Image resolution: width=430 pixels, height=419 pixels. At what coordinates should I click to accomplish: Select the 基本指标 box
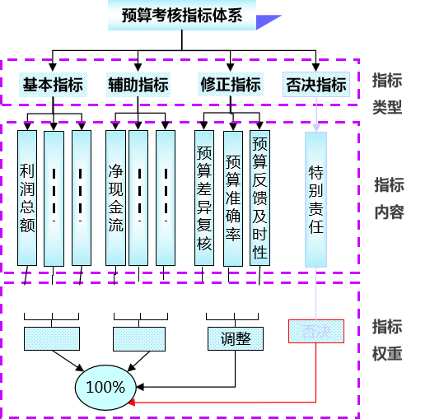53,85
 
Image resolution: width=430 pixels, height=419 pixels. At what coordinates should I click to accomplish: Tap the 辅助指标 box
138,85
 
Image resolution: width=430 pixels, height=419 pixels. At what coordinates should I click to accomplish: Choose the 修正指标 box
231,85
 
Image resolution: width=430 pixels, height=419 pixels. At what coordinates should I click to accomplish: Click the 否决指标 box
315,85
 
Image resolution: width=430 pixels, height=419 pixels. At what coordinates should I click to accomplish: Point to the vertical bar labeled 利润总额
27,198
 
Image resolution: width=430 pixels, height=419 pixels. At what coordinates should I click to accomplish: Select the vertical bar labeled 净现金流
116,198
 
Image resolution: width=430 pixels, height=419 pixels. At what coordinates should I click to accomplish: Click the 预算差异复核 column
204,198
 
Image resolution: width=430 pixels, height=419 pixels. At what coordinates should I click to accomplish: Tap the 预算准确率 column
233,198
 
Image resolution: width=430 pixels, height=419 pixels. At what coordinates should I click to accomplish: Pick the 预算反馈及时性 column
260,198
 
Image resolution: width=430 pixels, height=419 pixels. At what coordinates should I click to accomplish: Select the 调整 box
236,338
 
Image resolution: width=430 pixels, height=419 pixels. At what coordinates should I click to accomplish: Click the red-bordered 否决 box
315,332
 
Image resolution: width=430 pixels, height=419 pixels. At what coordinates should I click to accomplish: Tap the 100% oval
105,386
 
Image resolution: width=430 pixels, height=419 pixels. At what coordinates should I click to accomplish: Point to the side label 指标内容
388,198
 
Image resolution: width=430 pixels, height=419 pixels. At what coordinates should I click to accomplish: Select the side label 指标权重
387,340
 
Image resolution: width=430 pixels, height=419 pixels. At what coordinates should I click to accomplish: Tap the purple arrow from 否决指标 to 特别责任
315,115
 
